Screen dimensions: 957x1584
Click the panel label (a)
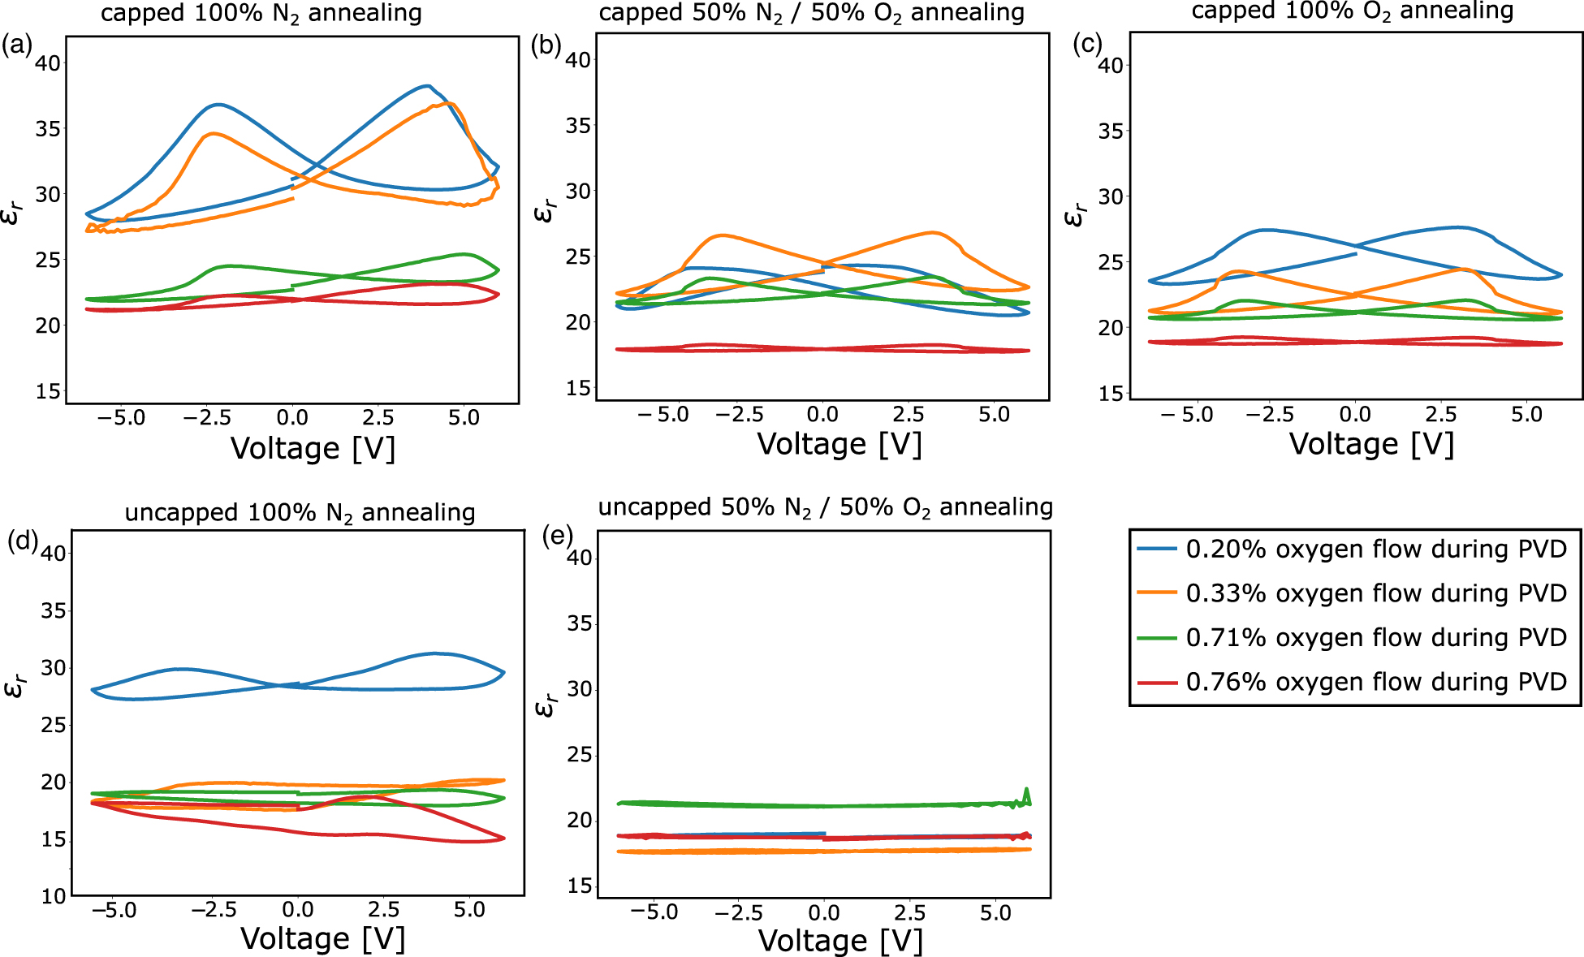pos(16,46)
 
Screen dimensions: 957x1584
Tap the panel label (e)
pos(557,537)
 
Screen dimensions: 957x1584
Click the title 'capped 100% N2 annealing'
pos(261,14)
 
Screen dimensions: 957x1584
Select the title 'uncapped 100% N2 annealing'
pos(300,513)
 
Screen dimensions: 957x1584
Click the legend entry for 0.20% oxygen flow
pos(1375,550)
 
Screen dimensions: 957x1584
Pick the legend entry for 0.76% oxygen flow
pos(1375,682)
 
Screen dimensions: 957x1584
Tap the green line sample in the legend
pos(1157,638)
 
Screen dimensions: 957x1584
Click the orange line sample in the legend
pos(1157,593)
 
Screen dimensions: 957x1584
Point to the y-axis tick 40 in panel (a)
pos(49,63)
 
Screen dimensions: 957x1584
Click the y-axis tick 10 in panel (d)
pos(53,896)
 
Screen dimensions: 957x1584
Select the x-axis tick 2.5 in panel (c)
pos(1440,415)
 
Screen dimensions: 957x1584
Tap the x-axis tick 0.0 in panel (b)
pos(822,415)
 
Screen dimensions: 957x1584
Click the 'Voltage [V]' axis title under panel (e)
pos(840,941)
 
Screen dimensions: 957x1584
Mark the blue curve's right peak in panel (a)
pos(427,85)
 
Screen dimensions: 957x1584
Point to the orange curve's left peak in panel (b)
pos(721,235)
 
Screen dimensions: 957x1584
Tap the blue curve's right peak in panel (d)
pos(435,653)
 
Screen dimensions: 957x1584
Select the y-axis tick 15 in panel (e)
pos(580,886)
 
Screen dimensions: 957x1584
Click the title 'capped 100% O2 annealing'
pos(1352,11)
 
